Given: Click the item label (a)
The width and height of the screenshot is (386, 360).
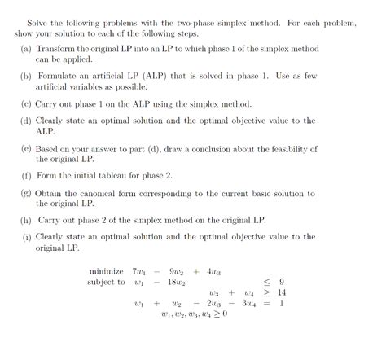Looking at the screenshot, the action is [x=26, y=49].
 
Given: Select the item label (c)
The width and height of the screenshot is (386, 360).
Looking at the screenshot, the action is [x=26, y=103].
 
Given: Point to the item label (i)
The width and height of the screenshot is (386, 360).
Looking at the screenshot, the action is [x=26, y=237].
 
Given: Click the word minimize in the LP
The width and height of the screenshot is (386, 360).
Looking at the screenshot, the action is [x=107, y=271].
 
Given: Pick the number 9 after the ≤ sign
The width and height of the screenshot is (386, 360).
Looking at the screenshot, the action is [x=281, y=283].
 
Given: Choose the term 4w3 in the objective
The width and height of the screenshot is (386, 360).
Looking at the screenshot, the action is [x=216, y=271].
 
